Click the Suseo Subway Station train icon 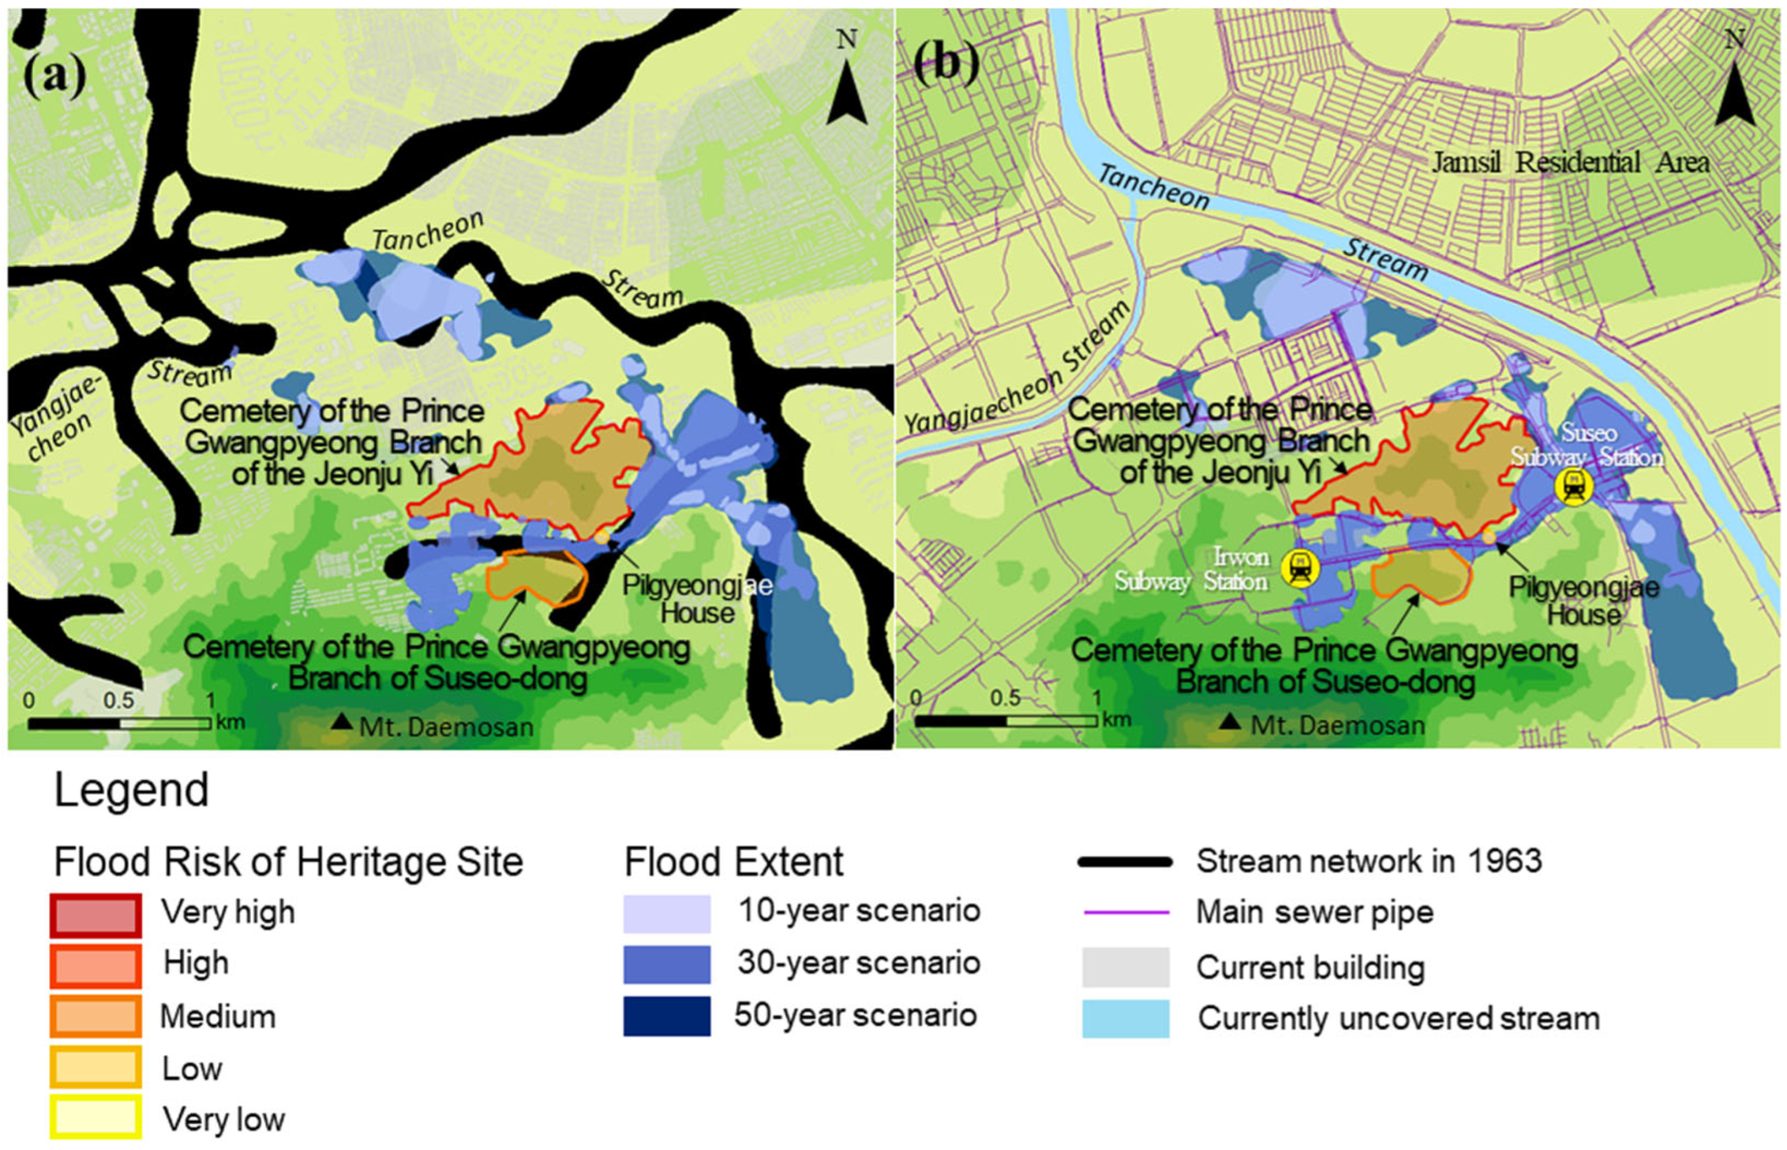[x=1573, y=487]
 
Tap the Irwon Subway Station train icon [x=1300, y=568]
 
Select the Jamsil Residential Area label [x=1569, y=163]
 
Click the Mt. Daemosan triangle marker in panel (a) [x=342, y=721]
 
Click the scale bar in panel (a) [x=119, y=723]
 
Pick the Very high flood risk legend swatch [x=96, y=915]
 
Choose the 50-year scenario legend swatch [x=667, y=1016]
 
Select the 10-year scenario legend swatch [x=667, y=913]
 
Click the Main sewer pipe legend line [x=1126, y=913]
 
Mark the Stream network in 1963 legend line [x=1125, y=862]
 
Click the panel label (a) [x=54, y=78]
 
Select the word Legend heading [x=131, y=791]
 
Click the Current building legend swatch [x=1125, y=967]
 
